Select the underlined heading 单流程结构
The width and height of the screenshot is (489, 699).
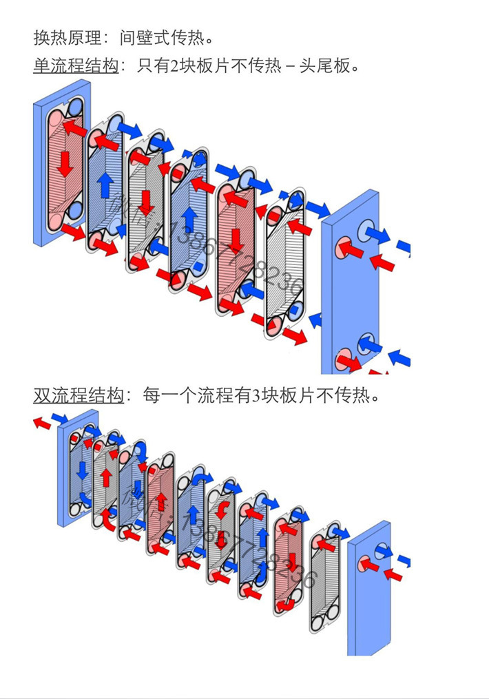(x=75, y=66)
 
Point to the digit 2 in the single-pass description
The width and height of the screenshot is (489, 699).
(x=173, y=66)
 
